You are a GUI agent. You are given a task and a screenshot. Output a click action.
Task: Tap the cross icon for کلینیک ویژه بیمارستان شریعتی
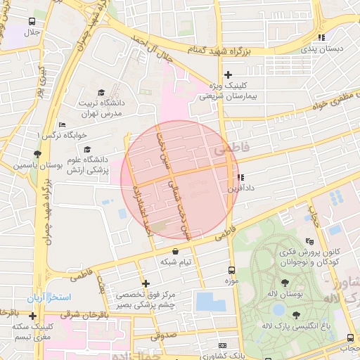(227, 75)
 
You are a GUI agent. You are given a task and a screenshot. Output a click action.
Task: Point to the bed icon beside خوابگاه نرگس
(62, 124)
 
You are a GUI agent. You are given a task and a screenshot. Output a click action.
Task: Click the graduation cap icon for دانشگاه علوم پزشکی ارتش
(87, 149)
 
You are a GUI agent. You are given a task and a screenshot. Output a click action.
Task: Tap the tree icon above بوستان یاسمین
(37, 154)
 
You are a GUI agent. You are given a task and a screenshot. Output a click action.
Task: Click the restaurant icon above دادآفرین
(240, 177)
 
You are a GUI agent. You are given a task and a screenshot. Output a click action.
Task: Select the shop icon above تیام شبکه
(175, 250)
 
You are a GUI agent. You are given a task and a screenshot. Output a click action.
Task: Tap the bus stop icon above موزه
(232, 270)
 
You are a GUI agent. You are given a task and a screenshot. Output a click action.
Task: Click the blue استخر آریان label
(50, 297)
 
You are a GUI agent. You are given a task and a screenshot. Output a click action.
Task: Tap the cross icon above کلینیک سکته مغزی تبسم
(32, 316)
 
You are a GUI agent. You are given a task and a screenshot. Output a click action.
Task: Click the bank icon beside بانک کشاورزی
(223, 346)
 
